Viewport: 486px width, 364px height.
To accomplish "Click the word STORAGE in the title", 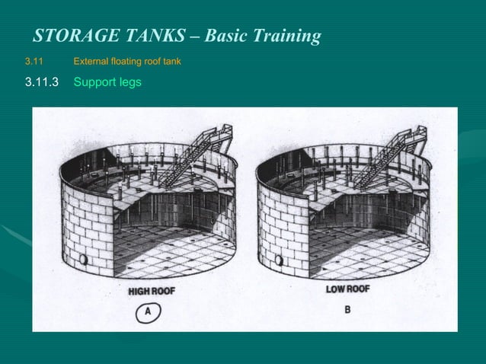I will click(x=72, y=36).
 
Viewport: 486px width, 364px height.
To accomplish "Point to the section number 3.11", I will click(x=35, y=60).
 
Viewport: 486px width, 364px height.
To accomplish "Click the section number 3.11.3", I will click(x=42, y=81).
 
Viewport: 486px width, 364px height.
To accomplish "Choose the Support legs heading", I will click(x=107, y=82).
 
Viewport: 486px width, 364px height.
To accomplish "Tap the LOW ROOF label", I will click(x=347, y=289).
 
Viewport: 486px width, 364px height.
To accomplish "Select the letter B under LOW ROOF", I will click(x=347, y=310).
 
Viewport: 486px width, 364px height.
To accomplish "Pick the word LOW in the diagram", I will click(x=336, y=289).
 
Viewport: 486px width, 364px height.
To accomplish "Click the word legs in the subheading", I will click(x=129, y=82).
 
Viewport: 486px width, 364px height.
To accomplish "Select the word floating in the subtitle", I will click(x=127, y=60).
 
